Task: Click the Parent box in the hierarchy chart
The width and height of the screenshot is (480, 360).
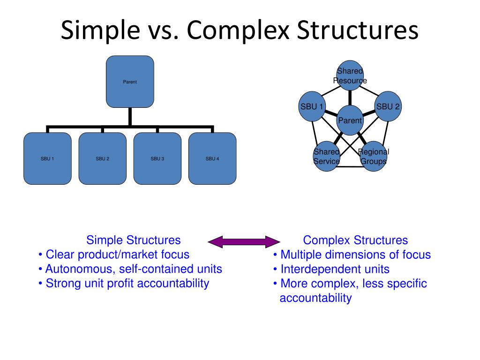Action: [x=130, y=82]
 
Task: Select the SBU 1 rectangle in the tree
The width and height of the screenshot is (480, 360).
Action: [x=47, y=158]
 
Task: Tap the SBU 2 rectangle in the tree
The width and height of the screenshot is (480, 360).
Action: [x=102, y=158]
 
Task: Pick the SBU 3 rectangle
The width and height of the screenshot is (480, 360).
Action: [x=157, y=158]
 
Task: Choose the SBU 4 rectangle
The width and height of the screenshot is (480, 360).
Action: [x=212, y=158]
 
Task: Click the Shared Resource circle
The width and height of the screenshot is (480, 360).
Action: [x=350, y=75]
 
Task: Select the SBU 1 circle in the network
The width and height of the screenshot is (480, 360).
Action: [x=312, y=106]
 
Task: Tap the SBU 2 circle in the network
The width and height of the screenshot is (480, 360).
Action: [x=388, y=106]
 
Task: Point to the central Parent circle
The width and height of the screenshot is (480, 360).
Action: [x=350, y=120]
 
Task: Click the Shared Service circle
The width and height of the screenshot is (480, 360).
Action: [x=327, y=156]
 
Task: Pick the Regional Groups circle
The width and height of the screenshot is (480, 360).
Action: [x=374, y=156]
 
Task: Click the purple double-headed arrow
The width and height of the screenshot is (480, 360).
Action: [x=243, y=242]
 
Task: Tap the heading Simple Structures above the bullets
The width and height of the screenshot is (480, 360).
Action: [x=133, y=240]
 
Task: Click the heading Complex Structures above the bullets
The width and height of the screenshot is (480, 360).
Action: [x=355, y=240]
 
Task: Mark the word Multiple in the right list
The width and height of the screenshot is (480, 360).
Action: [x=300, y=255]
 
